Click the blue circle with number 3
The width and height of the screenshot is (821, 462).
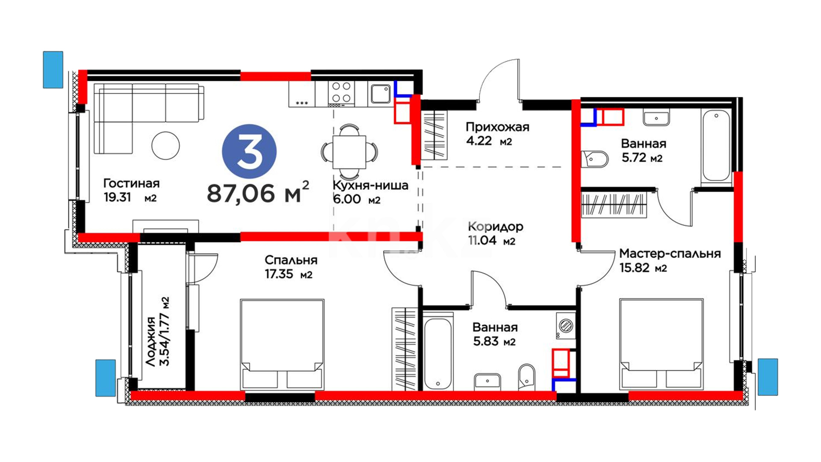[x=249, y=151]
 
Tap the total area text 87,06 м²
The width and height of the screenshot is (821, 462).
[x=258, y=192]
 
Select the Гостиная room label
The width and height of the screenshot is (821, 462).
[x=131, y=184]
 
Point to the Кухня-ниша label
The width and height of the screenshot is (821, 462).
[x=370, y=186]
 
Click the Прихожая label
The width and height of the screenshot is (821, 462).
[x=497, y=127]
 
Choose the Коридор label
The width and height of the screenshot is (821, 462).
[x=496, y=226]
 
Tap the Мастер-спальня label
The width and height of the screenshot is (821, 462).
[x=670, y=254]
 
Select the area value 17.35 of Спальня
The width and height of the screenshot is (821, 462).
[x=279, y=274]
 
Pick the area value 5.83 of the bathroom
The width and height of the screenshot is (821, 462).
[x=485, y=341]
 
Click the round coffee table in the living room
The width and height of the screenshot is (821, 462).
[x=165, y=145]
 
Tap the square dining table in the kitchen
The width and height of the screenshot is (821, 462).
[x=349, y=152]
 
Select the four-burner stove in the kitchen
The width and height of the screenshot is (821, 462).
[x=341, y=94]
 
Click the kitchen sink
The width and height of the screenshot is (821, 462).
[x=380, y=94]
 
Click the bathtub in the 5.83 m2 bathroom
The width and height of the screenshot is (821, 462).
[x=438, y=353]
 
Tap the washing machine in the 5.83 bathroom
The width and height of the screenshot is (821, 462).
[x=565, y=326]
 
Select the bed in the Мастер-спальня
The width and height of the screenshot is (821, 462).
[x=661, y=344]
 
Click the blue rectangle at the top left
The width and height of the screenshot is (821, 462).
[x=53, y=70]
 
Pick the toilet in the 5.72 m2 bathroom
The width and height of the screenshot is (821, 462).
[x=595, y=159]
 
